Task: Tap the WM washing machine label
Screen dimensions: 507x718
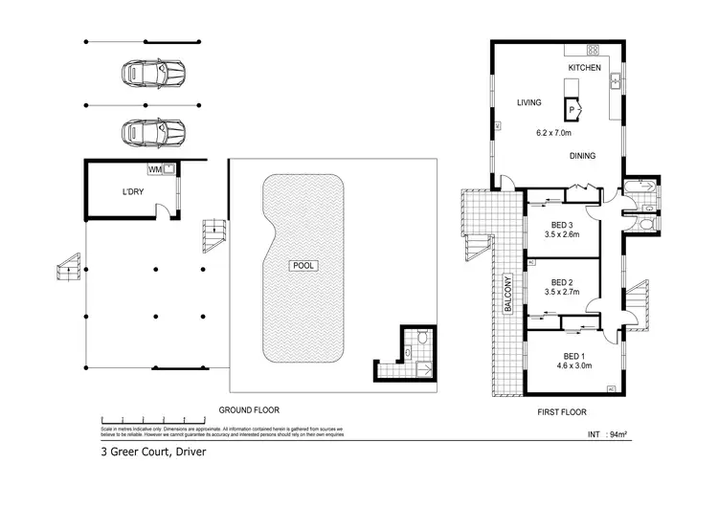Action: tap(154, 169)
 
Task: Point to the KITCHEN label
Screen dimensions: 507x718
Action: tap(584, 69)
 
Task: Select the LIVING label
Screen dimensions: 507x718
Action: tap(529, 102)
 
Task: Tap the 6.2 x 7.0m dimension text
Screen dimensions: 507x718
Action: tap(558, 133)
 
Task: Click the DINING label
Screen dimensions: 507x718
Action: tap(582, 155)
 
